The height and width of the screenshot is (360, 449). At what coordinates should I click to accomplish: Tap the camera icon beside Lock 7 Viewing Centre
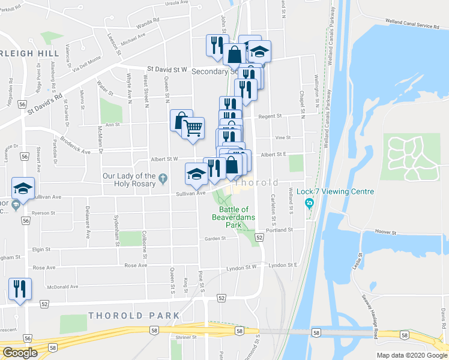point(309,203)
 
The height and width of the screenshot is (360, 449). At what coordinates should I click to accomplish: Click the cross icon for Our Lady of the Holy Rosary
point(162,177)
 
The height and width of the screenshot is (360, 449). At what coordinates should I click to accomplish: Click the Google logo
point(20,353)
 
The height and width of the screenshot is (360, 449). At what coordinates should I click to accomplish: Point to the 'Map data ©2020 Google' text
point(412,355)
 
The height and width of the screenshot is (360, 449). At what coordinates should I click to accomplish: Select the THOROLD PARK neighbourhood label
point(133,316)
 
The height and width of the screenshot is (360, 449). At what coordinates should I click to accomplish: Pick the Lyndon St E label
point(283,265)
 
